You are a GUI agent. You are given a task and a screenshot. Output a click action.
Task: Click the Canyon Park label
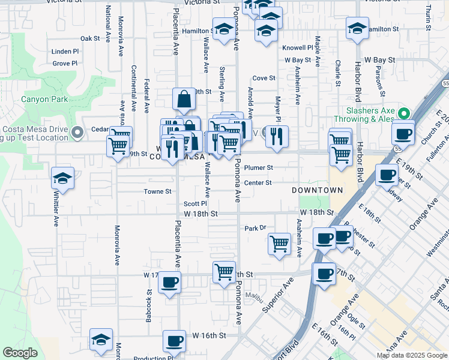(x=44, y=99)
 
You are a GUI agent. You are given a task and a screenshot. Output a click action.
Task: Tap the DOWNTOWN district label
(x=317, y=190)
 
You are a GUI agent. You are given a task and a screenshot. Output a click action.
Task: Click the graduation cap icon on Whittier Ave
(x=62, y=178)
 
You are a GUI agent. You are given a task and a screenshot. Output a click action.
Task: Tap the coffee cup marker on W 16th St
(x=174, y=341)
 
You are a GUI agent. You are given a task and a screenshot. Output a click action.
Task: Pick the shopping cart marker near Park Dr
(x=279, y=244)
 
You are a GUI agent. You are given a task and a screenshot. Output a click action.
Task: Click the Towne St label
(x=158, y=192)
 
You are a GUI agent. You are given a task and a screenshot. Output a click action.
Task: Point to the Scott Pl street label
(x=195, y=204)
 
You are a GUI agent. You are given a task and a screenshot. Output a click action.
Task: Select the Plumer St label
(x=259, y=168)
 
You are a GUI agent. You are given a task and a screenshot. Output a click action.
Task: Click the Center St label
(x=258, y=182)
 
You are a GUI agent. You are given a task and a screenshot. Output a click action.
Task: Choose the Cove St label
(x=264, y=78)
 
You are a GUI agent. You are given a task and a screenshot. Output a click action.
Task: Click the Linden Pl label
(x=65, y=52)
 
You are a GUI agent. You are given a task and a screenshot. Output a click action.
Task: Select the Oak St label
(x=89, y=38)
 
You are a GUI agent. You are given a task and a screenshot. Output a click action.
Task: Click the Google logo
(x=20, y=353)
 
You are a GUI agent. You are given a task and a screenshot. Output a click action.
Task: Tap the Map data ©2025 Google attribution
(x=411, y=355)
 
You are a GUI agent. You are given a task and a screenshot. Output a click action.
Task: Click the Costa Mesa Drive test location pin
(x=77, y=132)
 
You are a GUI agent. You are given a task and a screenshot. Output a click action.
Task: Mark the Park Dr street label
(x=255, y=228)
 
